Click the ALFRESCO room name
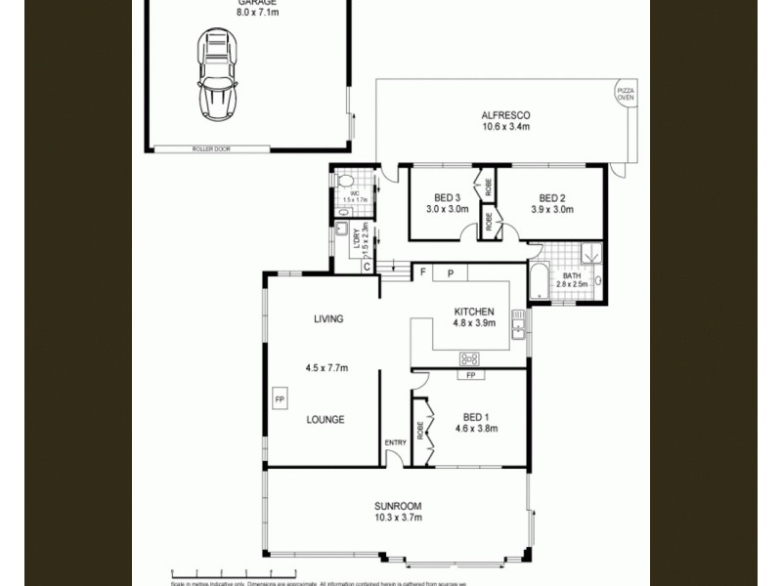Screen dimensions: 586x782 click(505, 114)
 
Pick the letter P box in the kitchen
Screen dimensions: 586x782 click(451, 274)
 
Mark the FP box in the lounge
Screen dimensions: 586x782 click(279, 400)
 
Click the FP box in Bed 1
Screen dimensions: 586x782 click(469, 375)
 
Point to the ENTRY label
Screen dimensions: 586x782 click(395, 443)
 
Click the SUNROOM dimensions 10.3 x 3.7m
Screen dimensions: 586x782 click(398, 518)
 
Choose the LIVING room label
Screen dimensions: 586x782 click(327, 319)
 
